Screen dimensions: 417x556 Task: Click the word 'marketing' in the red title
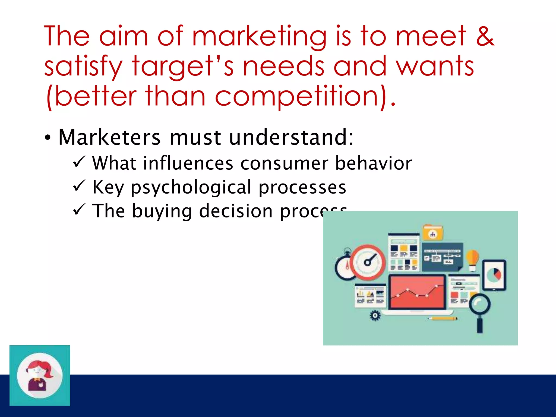(x=259, y=37)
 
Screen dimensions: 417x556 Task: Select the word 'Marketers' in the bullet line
(x=109, y=137)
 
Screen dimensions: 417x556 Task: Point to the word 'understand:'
(x=291, y=137)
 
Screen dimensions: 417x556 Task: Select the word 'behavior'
(x=374, y=163)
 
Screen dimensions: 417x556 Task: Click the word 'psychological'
(x=191, y=187)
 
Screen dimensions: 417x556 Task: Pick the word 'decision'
(x=236, y=211)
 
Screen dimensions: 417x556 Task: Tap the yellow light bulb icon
(x=473, y=259)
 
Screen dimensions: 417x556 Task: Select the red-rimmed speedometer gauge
(x=367, y=262)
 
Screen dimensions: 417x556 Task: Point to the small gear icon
(x=375, y=315)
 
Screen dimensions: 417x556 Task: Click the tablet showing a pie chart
(x=494, y=275)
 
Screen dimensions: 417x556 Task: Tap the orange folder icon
(x=433, y=233)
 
